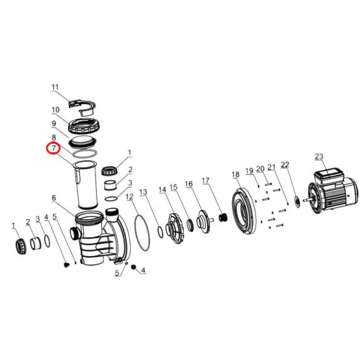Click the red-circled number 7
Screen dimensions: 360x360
[x=54, y=148]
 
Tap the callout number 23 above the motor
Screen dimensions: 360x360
[x=319, y=156]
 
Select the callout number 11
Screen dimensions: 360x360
[x=55, y=87]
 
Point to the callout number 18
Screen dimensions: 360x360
[x=236, y=174]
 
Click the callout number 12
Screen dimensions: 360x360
[x=130, y=197]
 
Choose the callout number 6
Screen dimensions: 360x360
[x=54, y=198]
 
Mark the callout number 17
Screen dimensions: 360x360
[x=205, y=181]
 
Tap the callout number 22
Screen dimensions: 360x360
[x=285, y=165]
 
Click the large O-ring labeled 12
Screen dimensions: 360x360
[x=142, y=232]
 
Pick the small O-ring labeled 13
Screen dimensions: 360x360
[x=161, y=232]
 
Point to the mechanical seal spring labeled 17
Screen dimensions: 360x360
[x=223, y=217]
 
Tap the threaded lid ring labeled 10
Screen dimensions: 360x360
[x=84, y=126]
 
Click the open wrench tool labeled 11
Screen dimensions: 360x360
[x=82, y=106]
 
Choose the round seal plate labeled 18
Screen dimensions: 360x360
[x=244, y=211]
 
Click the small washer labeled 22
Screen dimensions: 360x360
[x=297, y=202]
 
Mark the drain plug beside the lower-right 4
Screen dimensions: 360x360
[x=133, y=267]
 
